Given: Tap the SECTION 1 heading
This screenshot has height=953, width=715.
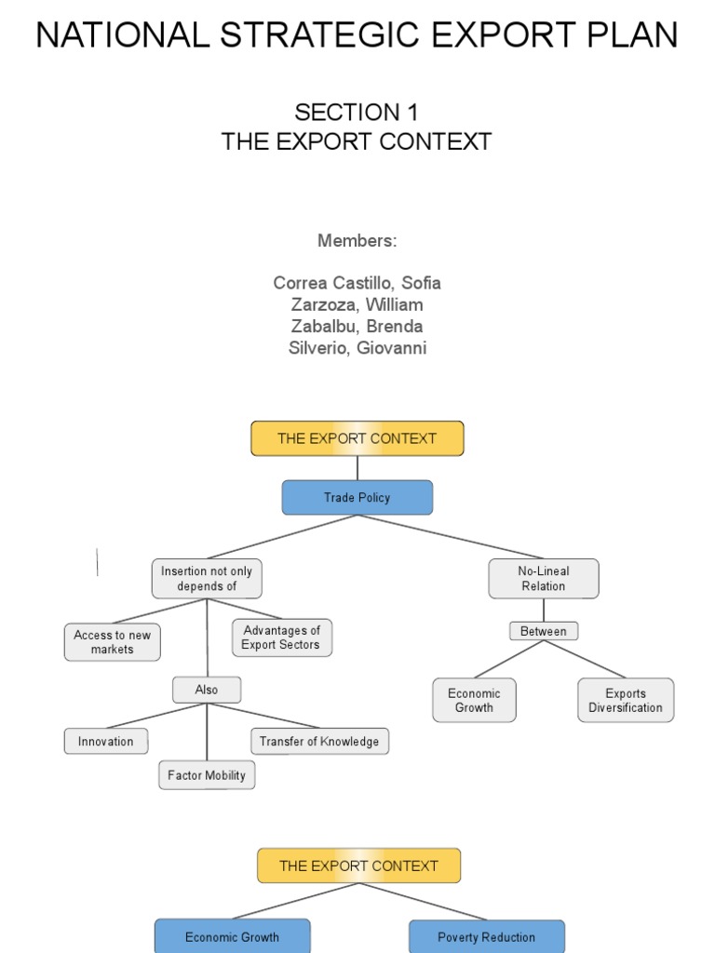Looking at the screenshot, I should [357, 113].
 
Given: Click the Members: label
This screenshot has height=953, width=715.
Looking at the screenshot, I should [357, 241].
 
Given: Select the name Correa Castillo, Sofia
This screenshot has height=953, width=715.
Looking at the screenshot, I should [357, 283].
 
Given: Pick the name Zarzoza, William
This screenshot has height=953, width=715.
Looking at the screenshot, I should [357, 304].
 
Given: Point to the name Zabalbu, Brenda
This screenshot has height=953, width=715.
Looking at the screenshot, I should [357, 327].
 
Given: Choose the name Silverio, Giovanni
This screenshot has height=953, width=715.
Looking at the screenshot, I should [357, 348].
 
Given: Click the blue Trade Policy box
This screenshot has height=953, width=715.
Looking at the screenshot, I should [357, 498].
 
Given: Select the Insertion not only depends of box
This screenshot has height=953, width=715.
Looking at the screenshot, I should [207, 579].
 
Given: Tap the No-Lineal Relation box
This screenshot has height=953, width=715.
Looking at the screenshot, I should [543, 579].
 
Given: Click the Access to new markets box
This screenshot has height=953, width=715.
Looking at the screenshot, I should [112, 642].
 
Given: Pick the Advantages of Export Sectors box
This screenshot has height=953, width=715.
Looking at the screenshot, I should [281, 638].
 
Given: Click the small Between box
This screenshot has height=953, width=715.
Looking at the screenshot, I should [543, 631].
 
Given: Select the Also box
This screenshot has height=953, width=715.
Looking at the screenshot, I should [207, 690].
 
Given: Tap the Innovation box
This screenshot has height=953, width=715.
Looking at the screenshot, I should [105, 742].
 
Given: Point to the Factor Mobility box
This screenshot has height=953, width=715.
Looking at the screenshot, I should [207, 775].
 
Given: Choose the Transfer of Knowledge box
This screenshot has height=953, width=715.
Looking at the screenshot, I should [319, 742].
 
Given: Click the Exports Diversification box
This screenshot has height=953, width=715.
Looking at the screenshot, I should [625, 700].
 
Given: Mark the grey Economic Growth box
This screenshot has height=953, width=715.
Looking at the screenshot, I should [474, 700].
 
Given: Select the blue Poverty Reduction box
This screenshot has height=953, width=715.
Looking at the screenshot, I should [486, 936].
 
